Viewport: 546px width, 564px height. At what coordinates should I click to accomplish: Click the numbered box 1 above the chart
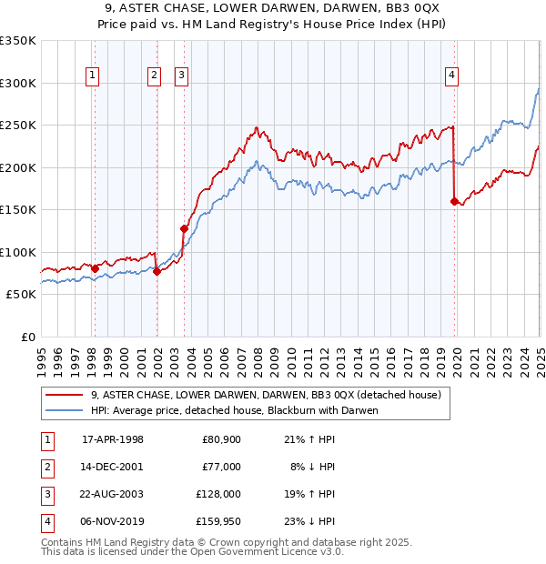(x=94, y=76)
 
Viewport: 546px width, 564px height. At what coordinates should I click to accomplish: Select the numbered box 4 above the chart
(x=451, y=76)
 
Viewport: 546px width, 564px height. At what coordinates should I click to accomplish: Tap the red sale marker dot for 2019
(x=453, y=202)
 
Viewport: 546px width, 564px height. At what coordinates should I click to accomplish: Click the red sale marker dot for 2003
(x=184, y=228)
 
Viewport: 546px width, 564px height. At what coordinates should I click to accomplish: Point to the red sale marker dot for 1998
(x=95, y=268)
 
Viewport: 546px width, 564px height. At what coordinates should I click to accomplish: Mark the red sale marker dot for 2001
(x=157, y=271)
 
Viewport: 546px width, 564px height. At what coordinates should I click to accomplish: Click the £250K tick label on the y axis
(x=18, y=126)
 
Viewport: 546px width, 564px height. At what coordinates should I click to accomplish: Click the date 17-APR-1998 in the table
(x=113, y=439)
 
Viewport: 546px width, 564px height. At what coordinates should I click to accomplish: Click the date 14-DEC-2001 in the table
(x=113, y=467)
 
